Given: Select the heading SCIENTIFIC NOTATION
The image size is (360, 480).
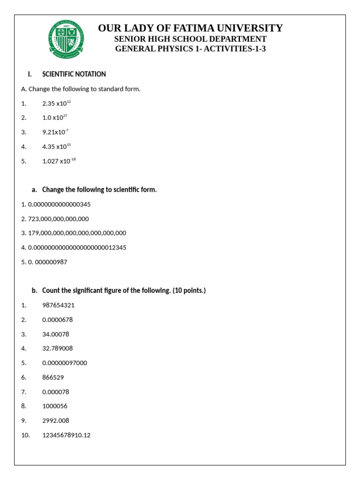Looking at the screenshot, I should pyautogui.click(x=74, y=74).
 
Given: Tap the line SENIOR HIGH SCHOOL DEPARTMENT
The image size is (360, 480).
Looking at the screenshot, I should pyautogui.click(x=190, y=39).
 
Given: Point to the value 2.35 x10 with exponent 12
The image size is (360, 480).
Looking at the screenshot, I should pyautogui.click(x=56, y=103).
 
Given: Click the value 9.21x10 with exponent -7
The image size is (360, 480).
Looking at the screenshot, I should pyautogui.click(x=55, y=132).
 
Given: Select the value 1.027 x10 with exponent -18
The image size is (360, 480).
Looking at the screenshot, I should pyautogui.click(x=59, y=161).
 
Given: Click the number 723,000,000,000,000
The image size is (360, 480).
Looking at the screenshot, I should pyautogui.click(x=58, y=219).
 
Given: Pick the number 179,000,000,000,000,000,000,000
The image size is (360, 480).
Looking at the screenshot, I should pyautogui.click(x=77, y=233).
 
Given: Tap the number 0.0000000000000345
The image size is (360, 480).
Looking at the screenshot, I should pyautogui.click(x=59, y=204).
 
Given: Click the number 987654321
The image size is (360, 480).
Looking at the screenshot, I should pyautogui.click(x=58, y=305).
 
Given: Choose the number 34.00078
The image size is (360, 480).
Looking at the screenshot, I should pyautogui.click(x=56, y=334).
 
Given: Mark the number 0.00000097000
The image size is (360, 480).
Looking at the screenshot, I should pyautogui.click(x=64, y=363).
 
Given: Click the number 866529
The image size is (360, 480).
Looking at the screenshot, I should pyautogui.click(x=53, y=377).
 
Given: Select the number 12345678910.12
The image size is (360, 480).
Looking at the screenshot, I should pyautogui.click(x=66, y=435).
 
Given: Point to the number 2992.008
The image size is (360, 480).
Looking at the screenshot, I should pyautogui.click(x=55, y=420).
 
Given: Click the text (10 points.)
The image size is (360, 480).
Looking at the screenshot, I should pyautogui.click(x=189, y=291).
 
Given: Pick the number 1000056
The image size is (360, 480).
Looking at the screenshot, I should pyautogui.click(x=54, y=406).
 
